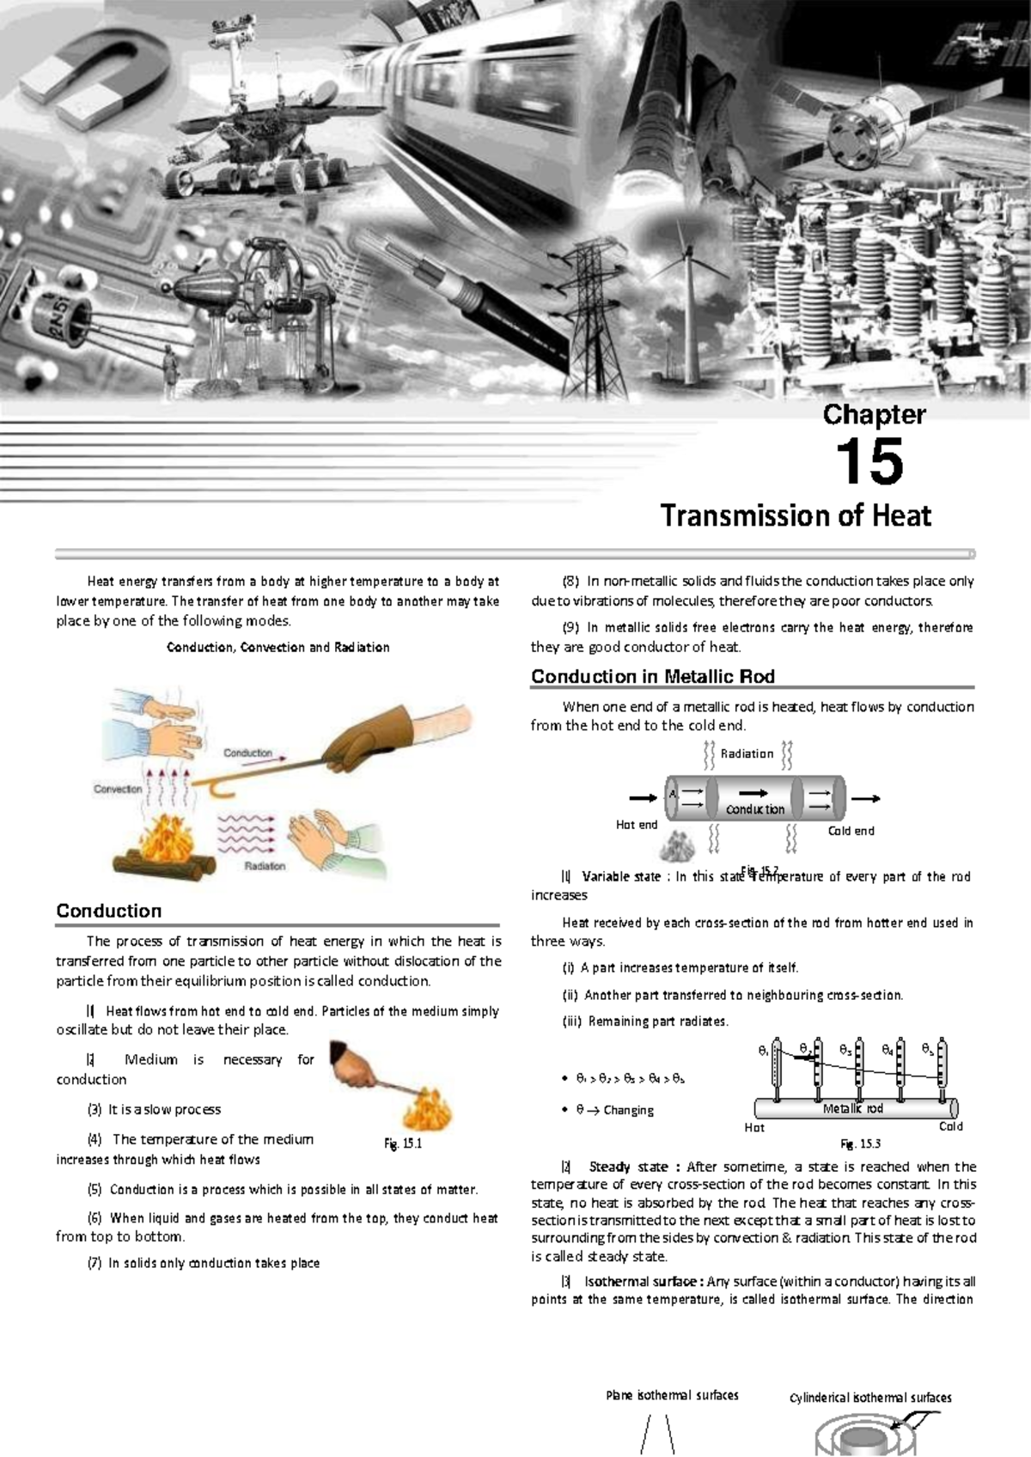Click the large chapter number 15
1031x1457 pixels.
(869, 462)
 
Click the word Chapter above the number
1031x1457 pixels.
(874, 414)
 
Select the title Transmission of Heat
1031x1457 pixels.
(796, 515)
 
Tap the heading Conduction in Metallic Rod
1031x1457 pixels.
(653, 676)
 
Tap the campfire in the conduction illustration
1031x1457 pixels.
(168, 846)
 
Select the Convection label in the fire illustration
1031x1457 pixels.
(118, 789)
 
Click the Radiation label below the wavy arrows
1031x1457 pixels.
(265, 866)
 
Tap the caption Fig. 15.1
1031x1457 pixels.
(402, 1143)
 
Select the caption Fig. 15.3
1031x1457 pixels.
(860, 1143)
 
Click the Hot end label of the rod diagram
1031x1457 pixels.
(637, 825)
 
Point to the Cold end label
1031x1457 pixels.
(851, 831)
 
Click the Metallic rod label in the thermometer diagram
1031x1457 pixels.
(852, 1108)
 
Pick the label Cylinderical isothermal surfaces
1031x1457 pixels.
(870, 1398)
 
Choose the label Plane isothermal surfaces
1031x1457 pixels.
(672, 1395)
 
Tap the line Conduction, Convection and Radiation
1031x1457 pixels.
(278, 647)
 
